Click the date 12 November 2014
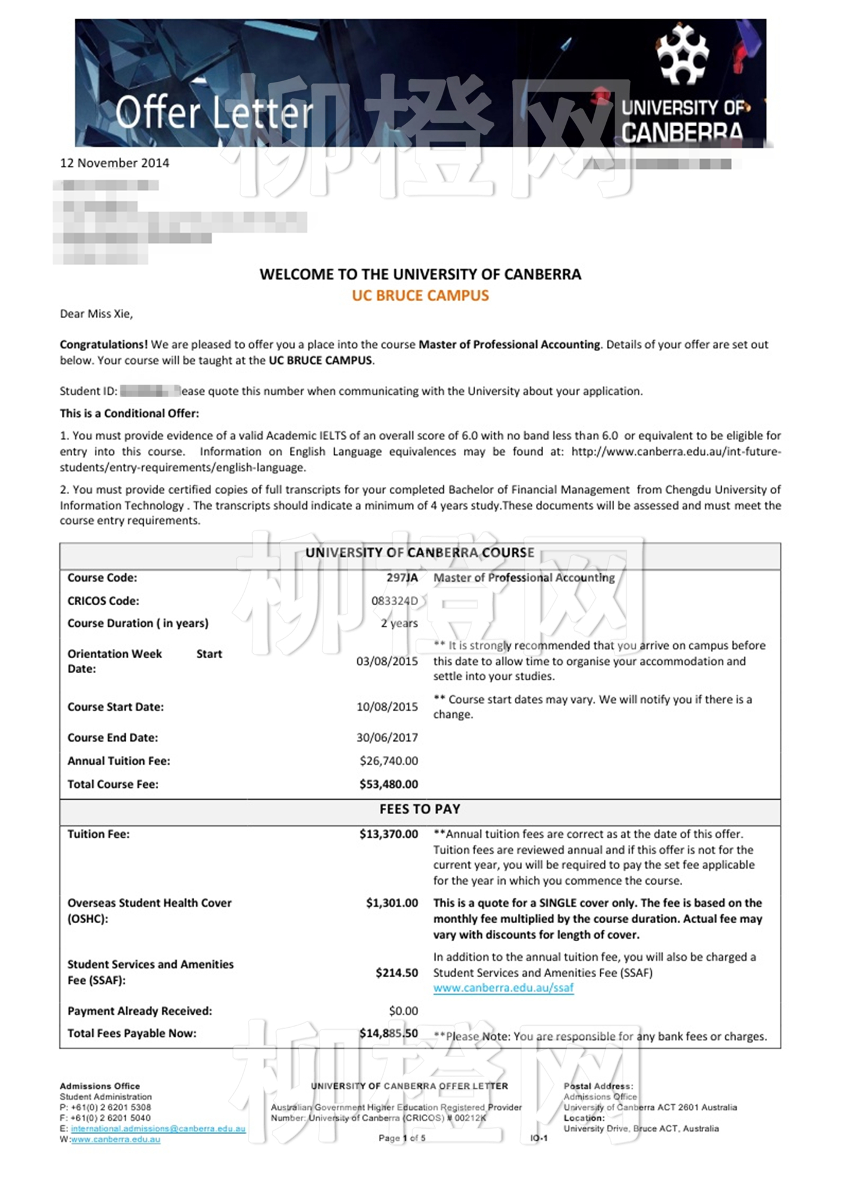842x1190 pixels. tap(114, 163)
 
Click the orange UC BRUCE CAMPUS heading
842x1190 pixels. tap(420, 296)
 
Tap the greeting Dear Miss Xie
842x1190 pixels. tap(96, 314)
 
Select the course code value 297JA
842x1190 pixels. tap(402, 578)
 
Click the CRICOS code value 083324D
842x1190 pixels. tap(394, 600)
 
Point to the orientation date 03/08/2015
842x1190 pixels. tap(387, 661)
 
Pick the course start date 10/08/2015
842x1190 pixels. tap(387, 707)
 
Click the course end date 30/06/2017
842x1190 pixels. tap(387, 737)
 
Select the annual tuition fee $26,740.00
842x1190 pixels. tap(389, 761)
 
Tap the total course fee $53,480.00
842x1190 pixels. tap(389, 784)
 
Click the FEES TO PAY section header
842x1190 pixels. tap(420, 810)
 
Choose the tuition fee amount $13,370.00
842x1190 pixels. tap(389, 834)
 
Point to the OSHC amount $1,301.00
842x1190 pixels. tap(392, 903)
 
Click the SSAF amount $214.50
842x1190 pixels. tap(396, 972)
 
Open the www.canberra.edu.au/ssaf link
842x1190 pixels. tap(503, 988)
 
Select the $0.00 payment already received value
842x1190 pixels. tap(403, 1011)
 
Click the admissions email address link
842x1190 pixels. tap(158, 1129)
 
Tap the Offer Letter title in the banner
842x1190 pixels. tap(214, 112)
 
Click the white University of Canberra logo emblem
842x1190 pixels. tap(682, 54)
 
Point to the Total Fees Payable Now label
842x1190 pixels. tap(132, 1033)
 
